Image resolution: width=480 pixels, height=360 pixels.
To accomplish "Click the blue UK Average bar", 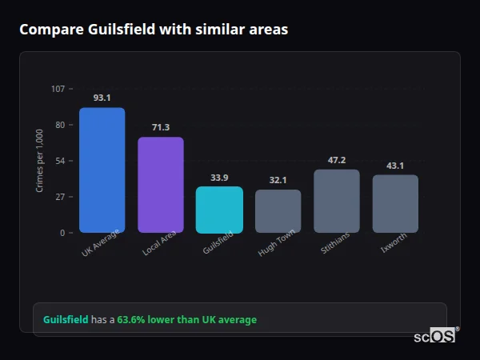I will pyautogui.click(x=102, y=170).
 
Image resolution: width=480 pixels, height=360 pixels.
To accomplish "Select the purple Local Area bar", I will pyautogui.click(x=161, y=185).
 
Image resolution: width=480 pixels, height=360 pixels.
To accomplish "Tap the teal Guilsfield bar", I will pyautogui.click(x=219, y=210).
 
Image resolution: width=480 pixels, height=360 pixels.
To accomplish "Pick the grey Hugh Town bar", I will pyautogui.click(x=278, y=211).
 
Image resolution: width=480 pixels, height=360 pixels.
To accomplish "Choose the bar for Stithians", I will pyautogui.click(x=337, y=201).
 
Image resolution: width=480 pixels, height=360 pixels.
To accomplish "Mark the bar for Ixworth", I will pyautogui.click(x=395, y=204).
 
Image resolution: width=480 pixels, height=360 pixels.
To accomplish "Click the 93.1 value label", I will pyautogui.click(x=102, y=98).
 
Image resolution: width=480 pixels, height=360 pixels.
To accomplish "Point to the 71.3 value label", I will pyautogui.click(x=161, y=127).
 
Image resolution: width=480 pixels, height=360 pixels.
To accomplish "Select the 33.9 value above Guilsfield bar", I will pyautogui.click(x=219, y=178).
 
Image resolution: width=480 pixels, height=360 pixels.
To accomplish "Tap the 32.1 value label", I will pyautogui.click(x=278, y=180).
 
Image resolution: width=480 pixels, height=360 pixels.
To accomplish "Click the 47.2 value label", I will pyautogui.click(x=337, y=160).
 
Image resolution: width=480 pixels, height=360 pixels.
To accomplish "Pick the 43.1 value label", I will pyautogui.click(x=395, y=166).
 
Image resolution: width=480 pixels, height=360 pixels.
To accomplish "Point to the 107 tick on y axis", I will pyautogui.click(x=58, y=89).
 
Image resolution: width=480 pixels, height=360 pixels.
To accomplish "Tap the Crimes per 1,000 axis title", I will pyautogui.click(x=40, y=160).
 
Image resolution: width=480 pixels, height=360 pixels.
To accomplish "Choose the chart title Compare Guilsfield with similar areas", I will pyautogui.click(x=154, y=30).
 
